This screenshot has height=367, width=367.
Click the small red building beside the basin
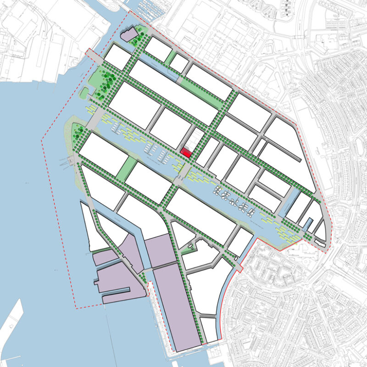tap(186, 153)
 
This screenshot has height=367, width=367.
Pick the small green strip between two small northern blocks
tap(170, 57)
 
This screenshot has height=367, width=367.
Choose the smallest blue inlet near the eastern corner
tap(310, 225)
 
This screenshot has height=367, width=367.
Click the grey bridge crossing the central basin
tap(183, 172)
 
